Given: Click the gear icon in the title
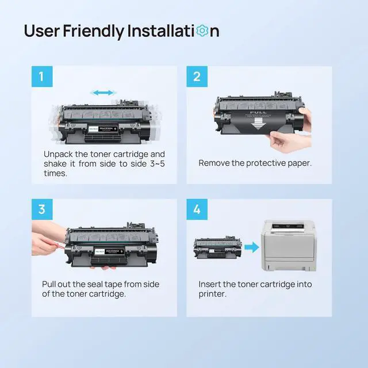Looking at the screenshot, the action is click(202, 31).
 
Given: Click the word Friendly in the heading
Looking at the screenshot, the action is click(94, 31).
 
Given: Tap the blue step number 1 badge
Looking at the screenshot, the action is click(42, 76).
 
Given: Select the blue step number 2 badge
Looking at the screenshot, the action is click(197, 76).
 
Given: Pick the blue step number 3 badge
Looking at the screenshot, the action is click(42, 209).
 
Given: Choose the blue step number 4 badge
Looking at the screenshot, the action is click(197, 209).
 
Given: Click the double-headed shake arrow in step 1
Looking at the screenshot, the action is click(103, 93).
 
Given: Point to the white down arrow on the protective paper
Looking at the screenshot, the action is click(258, 124).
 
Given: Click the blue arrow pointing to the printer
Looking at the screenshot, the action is click(252, 247).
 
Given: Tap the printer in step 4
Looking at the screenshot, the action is click(289, 246).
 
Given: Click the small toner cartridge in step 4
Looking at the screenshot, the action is click(217, 247).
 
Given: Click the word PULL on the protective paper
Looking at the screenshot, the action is click(258, 112).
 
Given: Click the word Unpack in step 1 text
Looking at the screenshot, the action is click(58, 155).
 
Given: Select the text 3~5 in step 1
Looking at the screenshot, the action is click(157, 164).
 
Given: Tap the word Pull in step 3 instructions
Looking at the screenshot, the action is click(49, 284).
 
